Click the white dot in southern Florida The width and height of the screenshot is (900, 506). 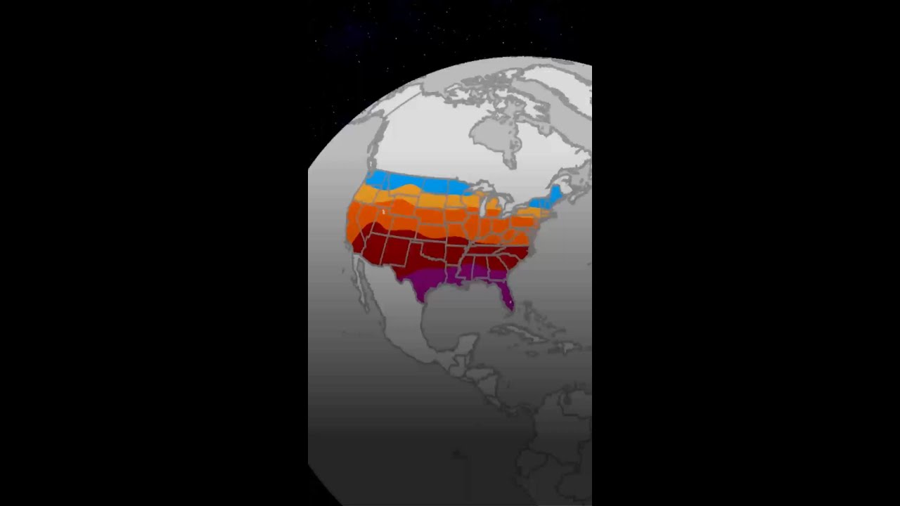pyautogui.click(x=508, y=304)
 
